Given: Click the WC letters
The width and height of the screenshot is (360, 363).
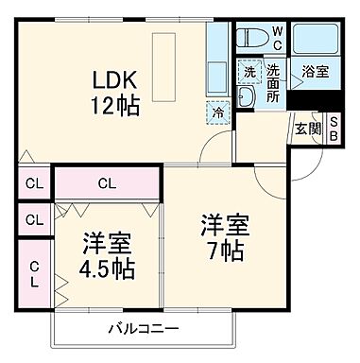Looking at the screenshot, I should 278,38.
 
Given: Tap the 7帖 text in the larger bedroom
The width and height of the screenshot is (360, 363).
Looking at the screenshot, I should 225,251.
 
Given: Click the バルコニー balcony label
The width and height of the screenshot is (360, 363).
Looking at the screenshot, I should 138,329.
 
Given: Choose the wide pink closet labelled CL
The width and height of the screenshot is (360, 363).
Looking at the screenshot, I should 108,182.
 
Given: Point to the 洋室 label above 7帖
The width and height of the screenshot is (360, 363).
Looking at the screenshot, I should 225,226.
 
